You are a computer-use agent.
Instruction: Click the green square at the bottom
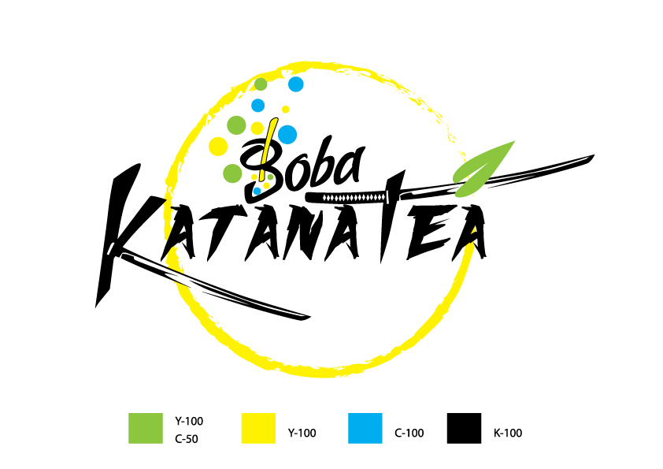pos(146,428)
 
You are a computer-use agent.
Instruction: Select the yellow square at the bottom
pos(258,428)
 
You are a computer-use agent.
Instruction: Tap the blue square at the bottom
pos(365,428)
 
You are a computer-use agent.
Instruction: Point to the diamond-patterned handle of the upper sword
pos(354,197)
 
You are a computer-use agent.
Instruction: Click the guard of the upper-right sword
pos(387,196)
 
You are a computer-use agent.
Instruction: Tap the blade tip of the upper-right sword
pos(588,158)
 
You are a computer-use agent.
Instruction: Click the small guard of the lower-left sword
pos(111,248)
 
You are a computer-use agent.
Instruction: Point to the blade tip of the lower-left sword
pos(303,317)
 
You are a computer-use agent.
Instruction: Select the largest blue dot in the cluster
pos(287,135)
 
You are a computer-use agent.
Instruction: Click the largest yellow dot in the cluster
pos(218,147)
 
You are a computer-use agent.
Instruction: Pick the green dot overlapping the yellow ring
pos(261,84)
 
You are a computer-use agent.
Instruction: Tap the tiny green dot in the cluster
pos(270,177)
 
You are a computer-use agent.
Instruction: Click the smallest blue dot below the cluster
pos(257,191)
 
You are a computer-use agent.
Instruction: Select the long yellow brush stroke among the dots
pos(268,142)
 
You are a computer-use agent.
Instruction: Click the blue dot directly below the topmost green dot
pos(257,106)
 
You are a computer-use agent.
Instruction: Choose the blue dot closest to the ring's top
pos(295,84)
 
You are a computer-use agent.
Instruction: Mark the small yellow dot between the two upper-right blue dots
pos(286,110)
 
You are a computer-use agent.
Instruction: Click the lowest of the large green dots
pos(232,173)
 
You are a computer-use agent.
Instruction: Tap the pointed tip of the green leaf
pos(515,142)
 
